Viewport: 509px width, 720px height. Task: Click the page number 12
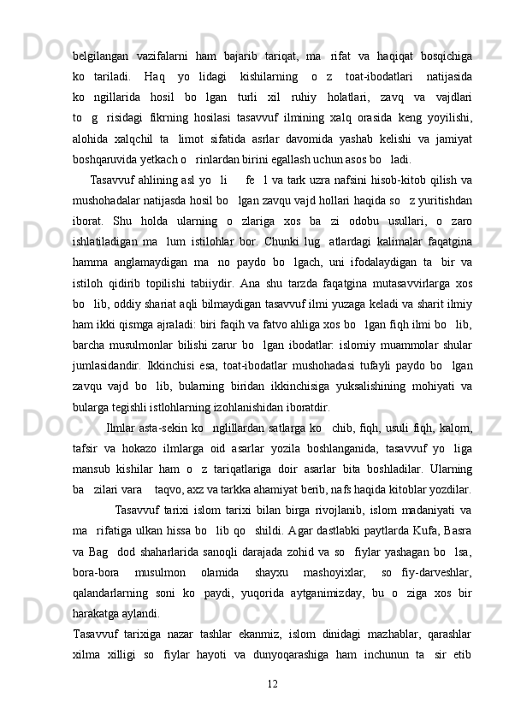[x=272, y=684]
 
